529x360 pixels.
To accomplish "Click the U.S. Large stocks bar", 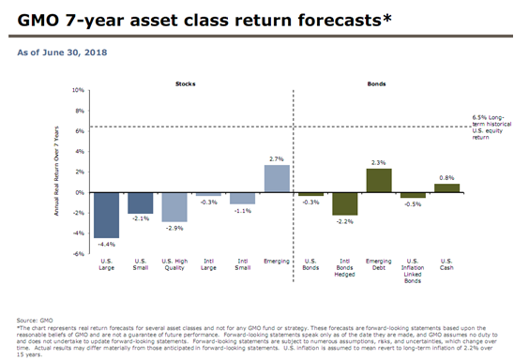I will pyautogui.click(x=106, y=215).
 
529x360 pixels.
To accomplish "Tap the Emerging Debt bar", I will pyautogui.click(x=379, y=180).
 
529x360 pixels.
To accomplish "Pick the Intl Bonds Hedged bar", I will pyautogui.click(x=345, y=203).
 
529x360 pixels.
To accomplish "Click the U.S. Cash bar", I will pyautogui.click(x=447, y=187).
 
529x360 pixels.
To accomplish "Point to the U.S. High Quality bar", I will pyautogui.click(x=174, y=206).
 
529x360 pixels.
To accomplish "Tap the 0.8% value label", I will pyautogui.click(x=447, y=178).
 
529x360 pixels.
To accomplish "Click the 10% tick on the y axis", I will pyautogui.click(x=79, y=91).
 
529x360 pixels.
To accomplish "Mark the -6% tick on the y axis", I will pyautogui.click(x=79, y=253).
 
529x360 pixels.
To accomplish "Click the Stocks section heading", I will pyautogui.click(x=186, y=83).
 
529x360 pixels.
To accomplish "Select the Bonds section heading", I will pyautogui.click(x=378, y=83).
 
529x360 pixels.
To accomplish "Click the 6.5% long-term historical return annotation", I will pyautogui.click(x=492, y=127).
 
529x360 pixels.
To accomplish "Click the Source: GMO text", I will pyautogui.click(x=34, y=320).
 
